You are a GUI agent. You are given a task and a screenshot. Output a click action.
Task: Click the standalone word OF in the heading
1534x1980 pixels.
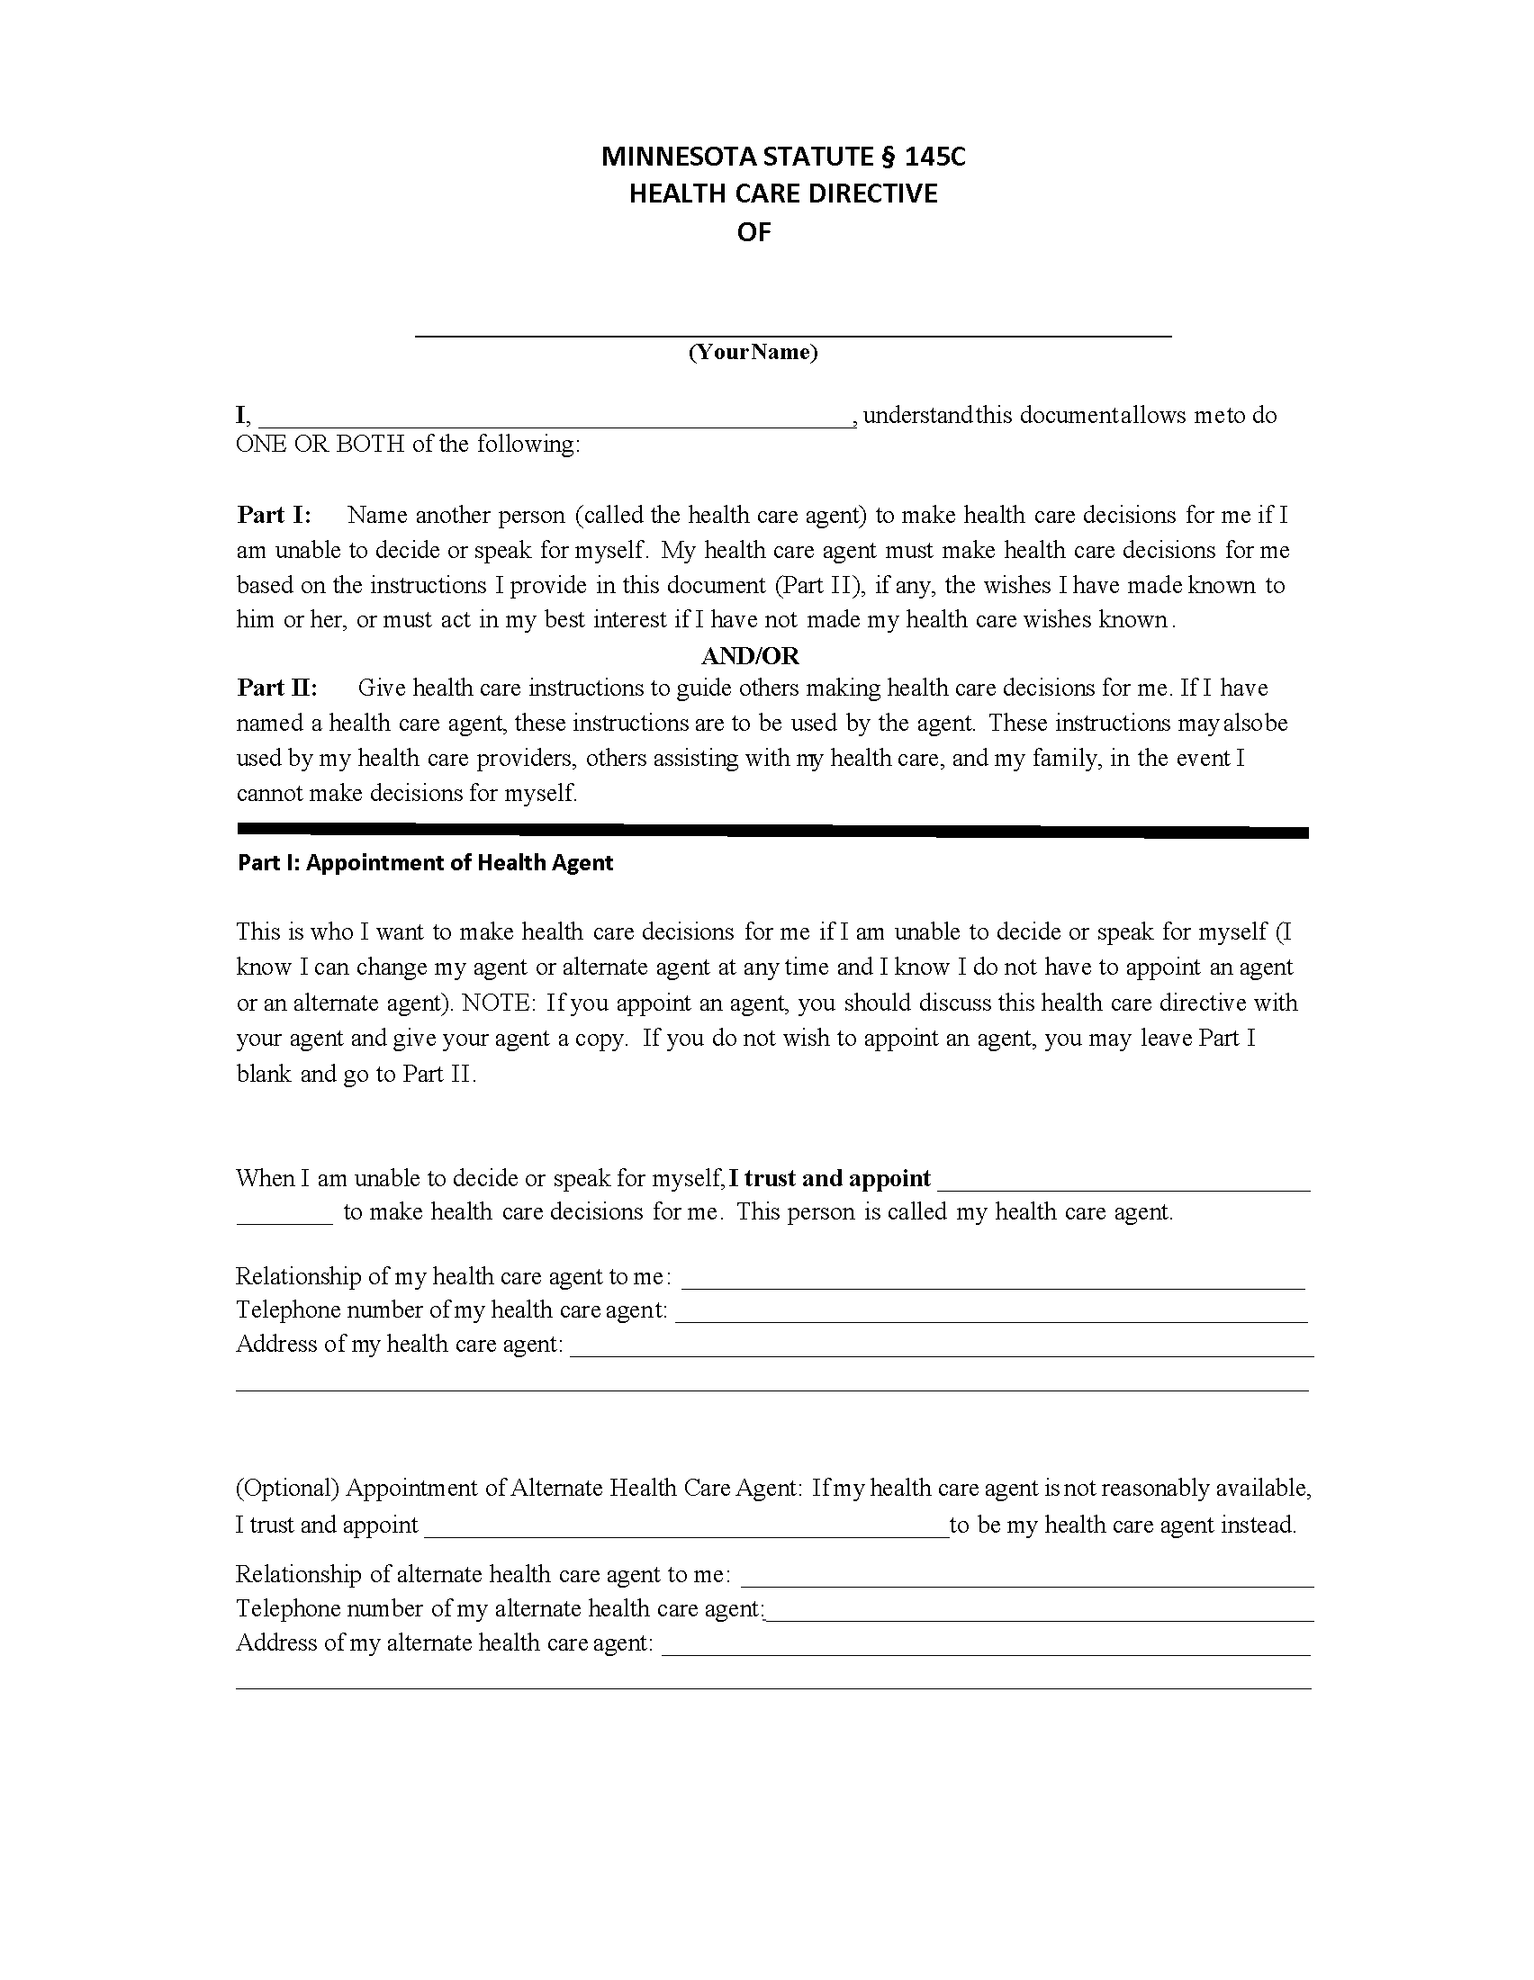pyautogui.click(x=753, y=233)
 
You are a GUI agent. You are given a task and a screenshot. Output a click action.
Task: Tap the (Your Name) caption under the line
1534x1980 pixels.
pyautogui.click(x=753, y=352)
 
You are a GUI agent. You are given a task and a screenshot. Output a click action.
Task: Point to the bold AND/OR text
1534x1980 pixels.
pyautogui.click(x=750, y=654)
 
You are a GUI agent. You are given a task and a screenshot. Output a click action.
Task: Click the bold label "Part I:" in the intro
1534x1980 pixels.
pyautogui.click(x=274, y=515)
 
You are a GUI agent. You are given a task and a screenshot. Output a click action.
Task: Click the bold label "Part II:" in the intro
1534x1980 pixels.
pyautogui.click(x=277, y=688)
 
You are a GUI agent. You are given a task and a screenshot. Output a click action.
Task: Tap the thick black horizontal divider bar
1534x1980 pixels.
pyautogui.click(x=772, y=830)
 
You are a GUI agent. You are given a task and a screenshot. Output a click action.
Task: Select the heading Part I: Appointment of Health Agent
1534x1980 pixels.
pyautogui.click(x=425, y=862)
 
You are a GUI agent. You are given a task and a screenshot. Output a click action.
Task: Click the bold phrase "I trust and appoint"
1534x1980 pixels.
pyautogui.click(x=829, y=1178)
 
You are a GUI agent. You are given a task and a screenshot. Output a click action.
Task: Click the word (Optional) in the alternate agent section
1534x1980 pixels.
pyautogui.click(x=287, y=1488)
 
